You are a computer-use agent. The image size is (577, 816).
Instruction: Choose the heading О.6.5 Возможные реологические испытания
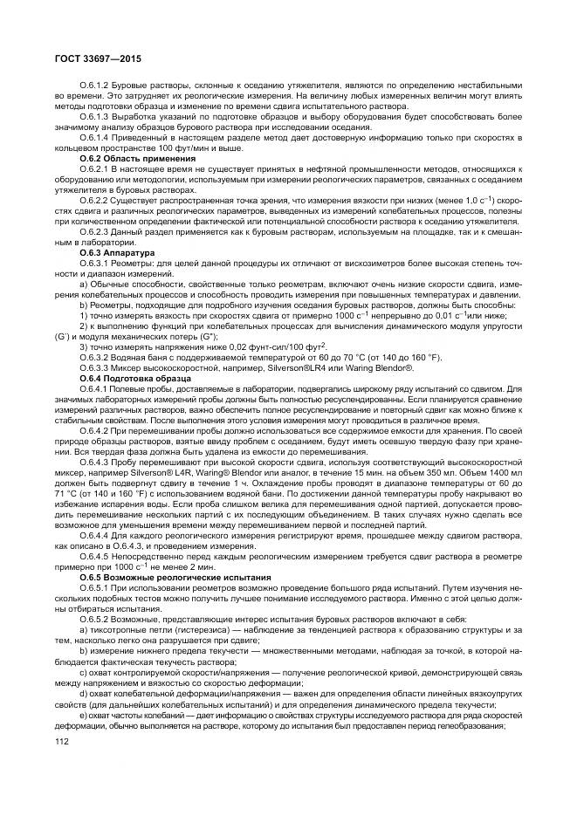click(x=166, y=577)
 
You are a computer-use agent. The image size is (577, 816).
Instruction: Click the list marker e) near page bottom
click(x=82, y=714)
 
